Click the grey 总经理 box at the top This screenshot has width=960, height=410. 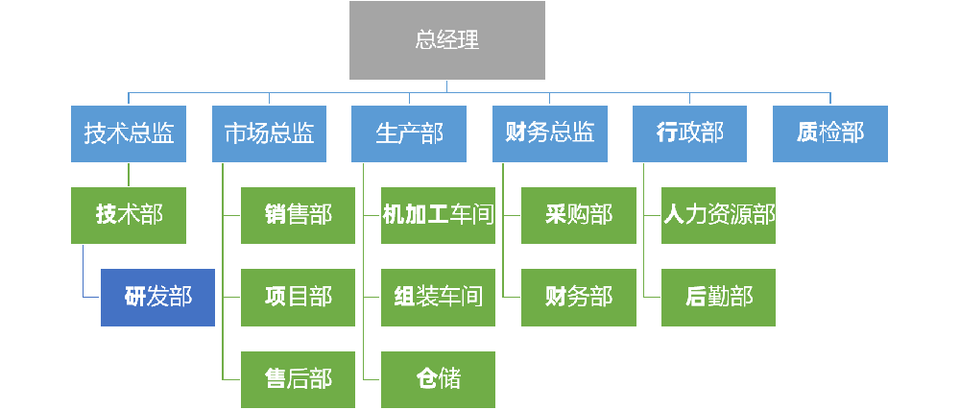tap(446, 40)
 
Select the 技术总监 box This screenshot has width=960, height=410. tap(129, 133)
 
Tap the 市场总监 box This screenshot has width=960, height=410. tap(269, 133)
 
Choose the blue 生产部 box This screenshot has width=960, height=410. tap(409, 133)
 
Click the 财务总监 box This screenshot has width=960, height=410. tap(549, 133)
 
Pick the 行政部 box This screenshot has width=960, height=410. tap(689, 133)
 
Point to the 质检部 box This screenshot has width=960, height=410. tap(829, 133)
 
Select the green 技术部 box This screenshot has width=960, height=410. tap(129, 215)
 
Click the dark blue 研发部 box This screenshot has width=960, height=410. tap(157, 297)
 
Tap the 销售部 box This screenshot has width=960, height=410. tap(298, 215)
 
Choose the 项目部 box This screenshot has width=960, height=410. tap(298, 297)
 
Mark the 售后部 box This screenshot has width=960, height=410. tap(298, 379)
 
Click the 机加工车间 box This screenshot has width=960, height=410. tap(438, 215)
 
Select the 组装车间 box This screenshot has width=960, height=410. tap(438, 297)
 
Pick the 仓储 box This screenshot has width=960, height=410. tap(438, 379)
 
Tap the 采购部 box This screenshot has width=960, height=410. tap(578, 215)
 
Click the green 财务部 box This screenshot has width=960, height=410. tap(578, 297)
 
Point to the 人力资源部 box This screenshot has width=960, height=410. tap(718, 215)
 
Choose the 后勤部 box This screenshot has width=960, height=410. tap(718, 297)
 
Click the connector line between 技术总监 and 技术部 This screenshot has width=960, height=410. tap(129, 174)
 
